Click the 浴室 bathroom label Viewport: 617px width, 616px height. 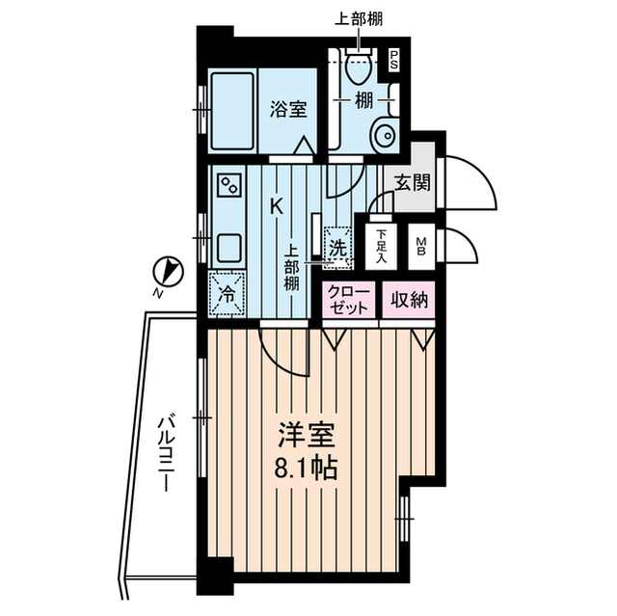287,108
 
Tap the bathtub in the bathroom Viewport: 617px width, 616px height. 232,108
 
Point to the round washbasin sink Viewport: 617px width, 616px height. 385,134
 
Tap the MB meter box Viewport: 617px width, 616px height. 421,247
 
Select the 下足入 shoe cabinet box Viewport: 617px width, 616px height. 382,247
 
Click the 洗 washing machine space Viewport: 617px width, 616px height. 337,247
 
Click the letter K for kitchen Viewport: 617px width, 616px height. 276,205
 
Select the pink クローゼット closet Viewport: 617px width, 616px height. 349,300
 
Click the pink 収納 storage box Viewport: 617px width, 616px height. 410,300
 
